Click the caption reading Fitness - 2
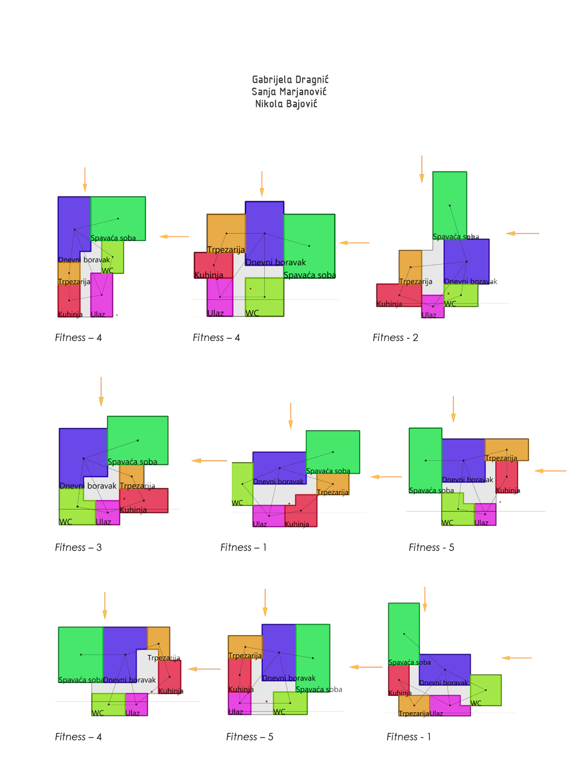[395, 338]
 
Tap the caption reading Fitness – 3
[78, 547]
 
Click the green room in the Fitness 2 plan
[449, 203]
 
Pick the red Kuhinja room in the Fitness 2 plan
[392, 293]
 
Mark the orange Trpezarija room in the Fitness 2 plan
[410, 264]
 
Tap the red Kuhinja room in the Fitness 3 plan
[150, 499]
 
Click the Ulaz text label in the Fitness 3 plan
[103, 522]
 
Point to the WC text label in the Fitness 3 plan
[65, 522]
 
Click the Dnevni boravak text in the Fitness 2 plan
[470, 281]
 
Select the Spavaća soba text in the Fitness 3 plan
[132, 462]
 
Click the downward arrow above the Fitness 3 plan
[101, 391]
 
